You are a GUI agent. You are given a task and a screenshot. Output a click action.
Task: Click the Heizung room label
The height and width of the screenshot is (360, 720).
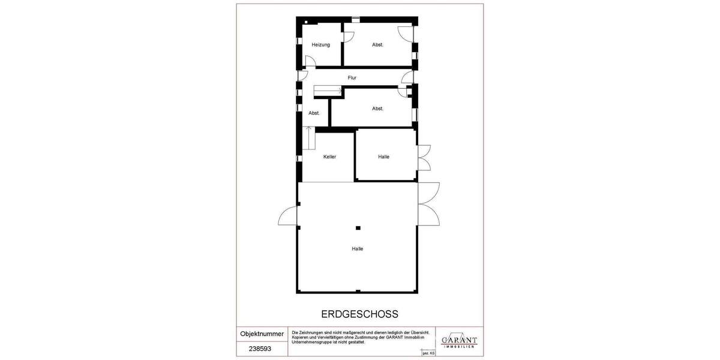pyautogui.click(x=320, y=45)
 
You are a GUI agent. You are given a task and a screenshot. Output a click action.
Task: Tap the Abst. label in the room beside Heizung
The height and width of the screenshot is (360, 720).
pyautogui.click(x=377, y=45)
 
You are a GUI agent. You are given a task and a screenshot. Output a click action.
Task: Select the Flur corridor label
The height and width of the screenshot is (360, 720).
pyautogui.click(x=352, y=77)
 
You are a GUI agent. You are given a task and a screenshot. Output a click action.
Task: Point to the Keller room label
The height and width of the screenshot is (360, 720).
pyautogui.click(x=329, y=157)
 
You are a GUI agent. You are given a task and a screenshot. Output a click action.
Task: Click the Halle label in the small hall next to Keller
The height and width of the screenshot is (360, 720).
pyautogui.click(x=384, y=157)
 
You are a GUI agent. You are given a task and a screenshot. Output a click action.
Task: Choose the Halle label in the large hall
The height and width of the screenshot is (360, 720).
pyautogui.click(x=358, y=249)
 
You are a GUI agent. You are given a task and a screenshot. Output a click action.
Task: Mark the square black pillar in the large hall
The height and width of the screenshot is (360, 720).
pyautogui.click(x=358, y=227)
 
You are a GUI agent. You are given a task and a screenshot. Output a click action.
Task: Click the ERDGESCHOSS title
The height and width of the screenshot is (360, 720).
pyautogui.click(x=360, y=314)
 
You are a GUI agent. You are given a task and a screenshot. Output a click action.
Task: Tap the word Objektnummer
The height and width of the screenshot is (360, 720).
pyautogui.click(x=262, y=334)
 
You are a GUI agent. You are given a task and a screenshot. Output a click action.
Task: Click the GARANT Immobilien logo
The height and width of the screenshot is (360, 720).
pyautogui.click(x=459, y=341)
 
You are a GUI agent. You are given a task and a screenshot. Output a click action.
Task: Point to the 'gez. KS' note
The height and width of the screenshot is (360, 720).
pyautogui.click(x=428, y=353)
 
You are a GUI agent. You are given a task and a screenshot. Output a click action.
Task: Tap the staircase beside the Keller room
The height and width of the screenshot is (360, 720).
pyautogui.click(x=310, y=139)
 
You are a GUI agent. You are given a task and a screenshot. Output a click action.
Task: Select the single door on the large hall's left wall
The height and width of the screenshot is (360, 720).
pyautogui.click(x=288, y=215)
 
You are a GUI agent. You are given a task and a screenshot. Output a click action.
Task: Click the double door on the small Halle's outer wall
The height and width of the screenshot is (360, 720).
pyautogui.click(x=424, y=158)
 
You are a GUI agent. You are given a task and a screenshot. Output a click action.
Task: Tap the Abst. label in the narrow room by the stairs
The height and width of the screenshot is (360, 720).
pyautogui.click(x=314, y=113)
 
